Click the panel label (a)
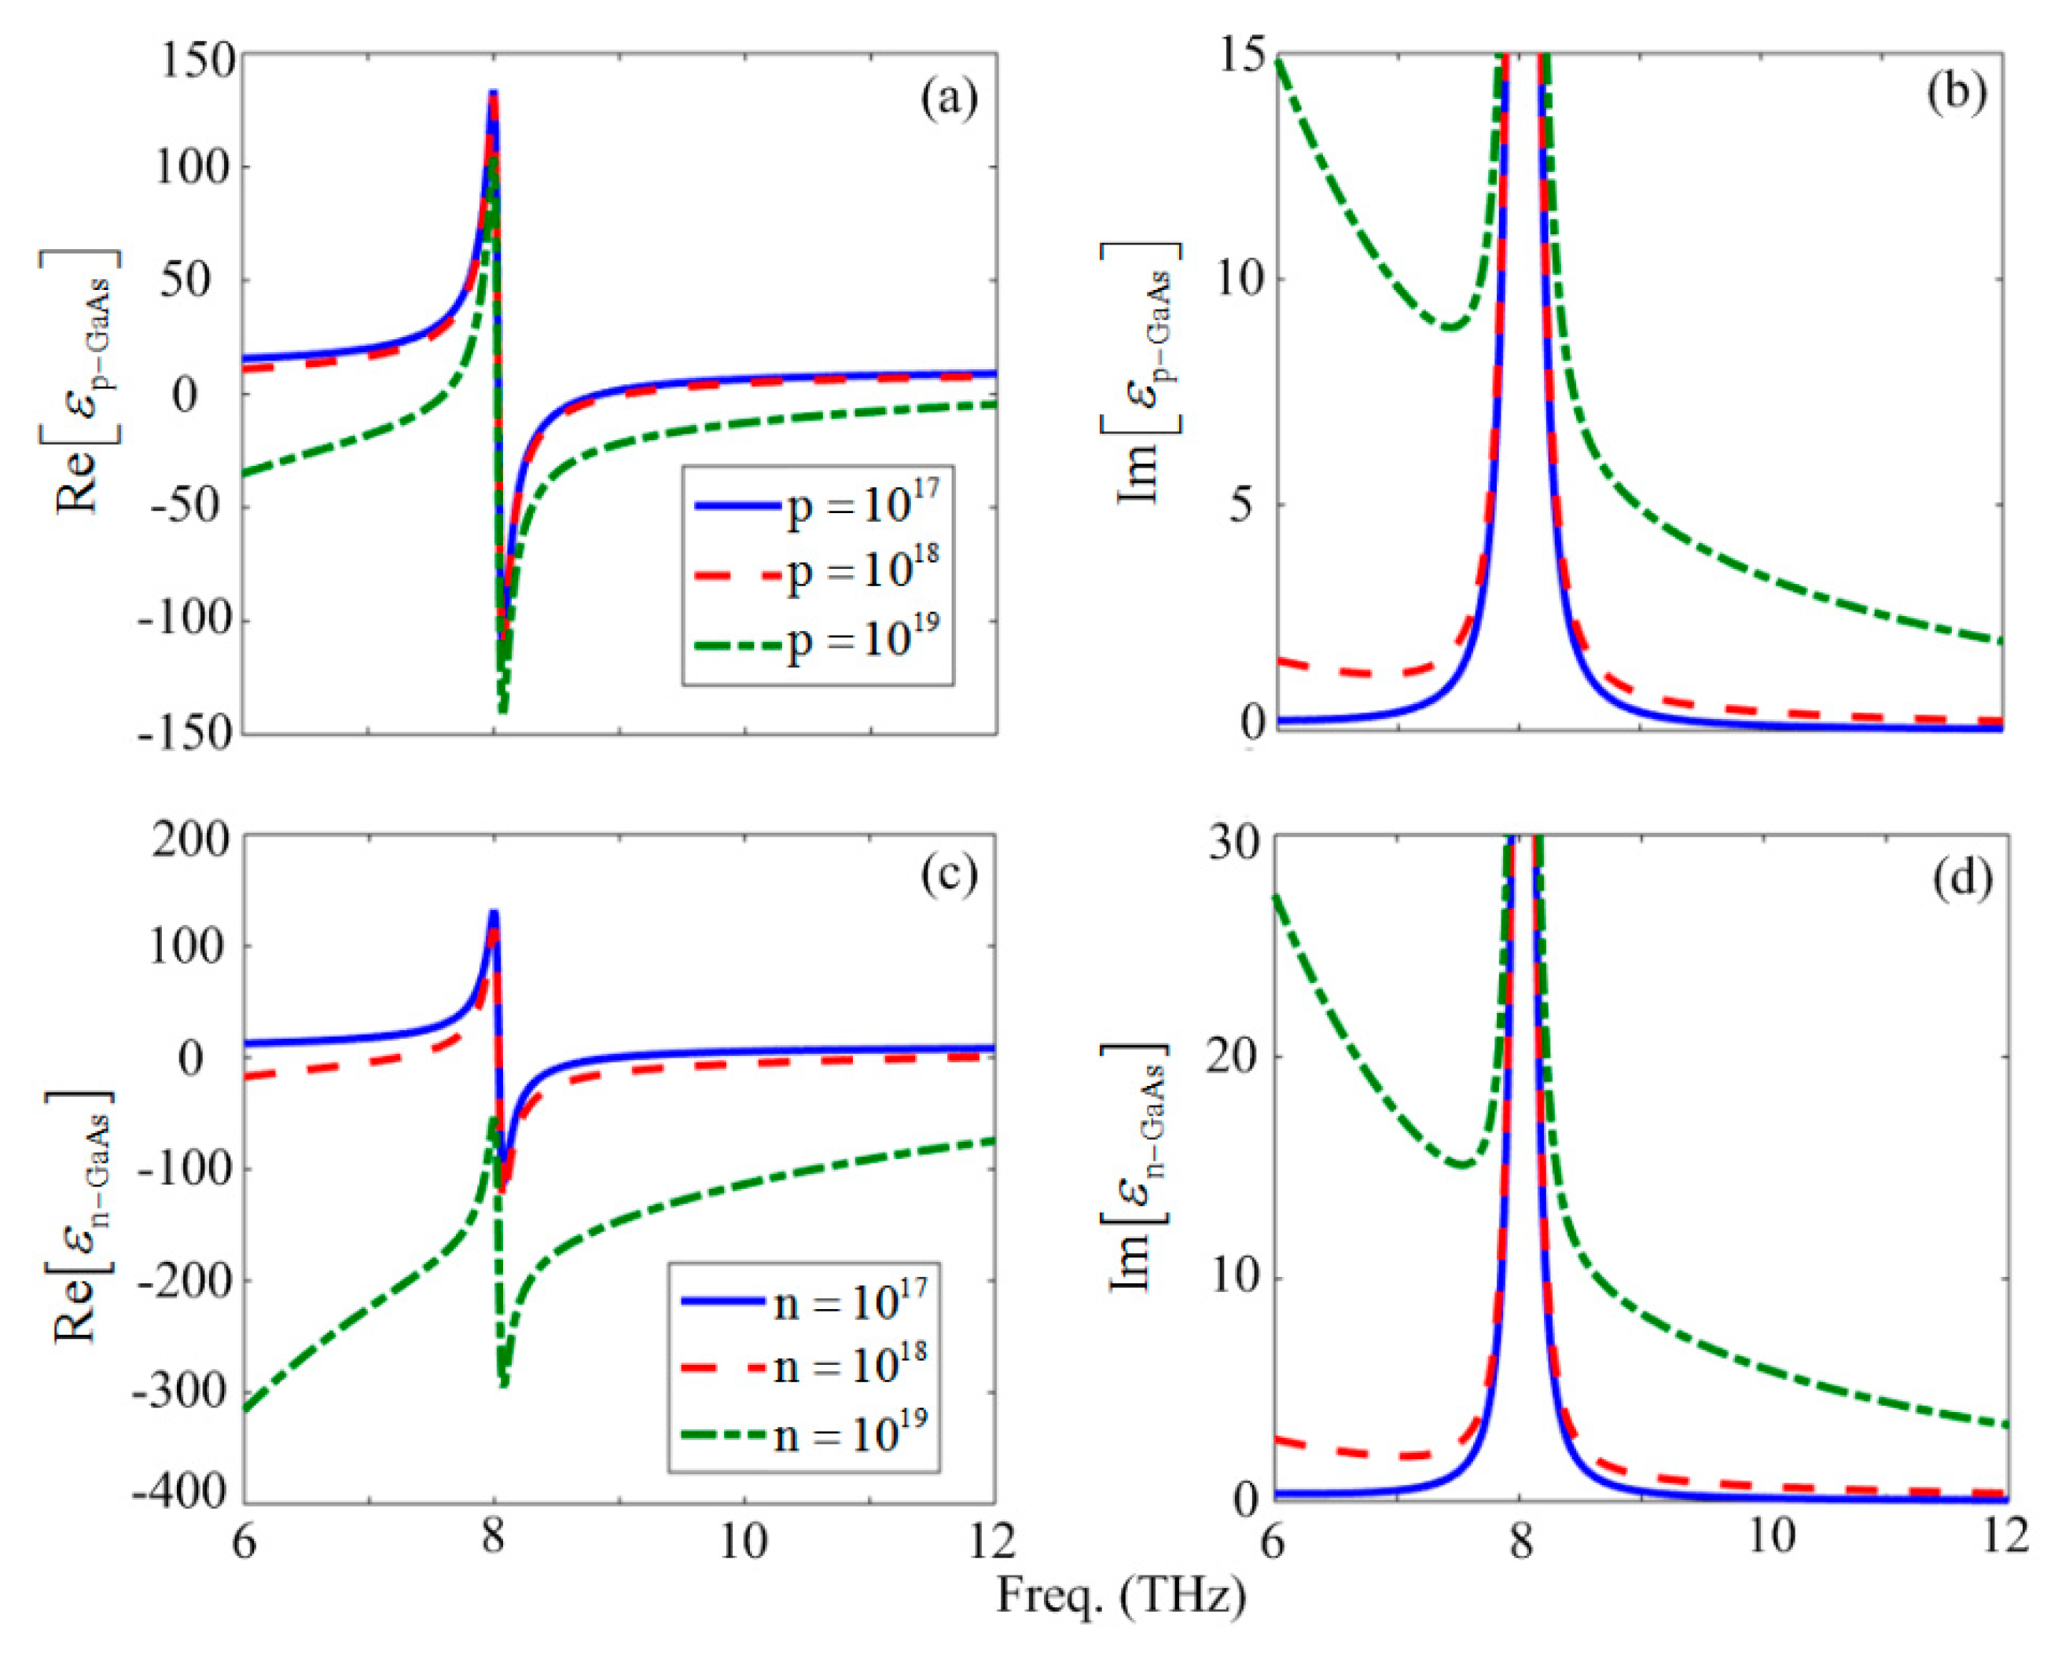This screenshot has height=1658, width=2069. click(x=948, y=99)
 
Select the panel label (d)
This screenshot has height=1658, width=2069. click(x=1956, y=875)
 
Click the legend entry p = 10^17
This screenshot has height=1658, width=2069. click(x=861, y=506)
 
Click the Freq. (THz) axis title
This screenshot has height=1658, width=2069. click(x=1121, y=1594)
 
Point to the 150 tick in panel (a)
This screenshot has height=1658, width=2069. click(x=197, y=61)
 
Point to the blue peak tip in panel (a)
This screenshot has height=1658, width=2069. click(x=493, y=93)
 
